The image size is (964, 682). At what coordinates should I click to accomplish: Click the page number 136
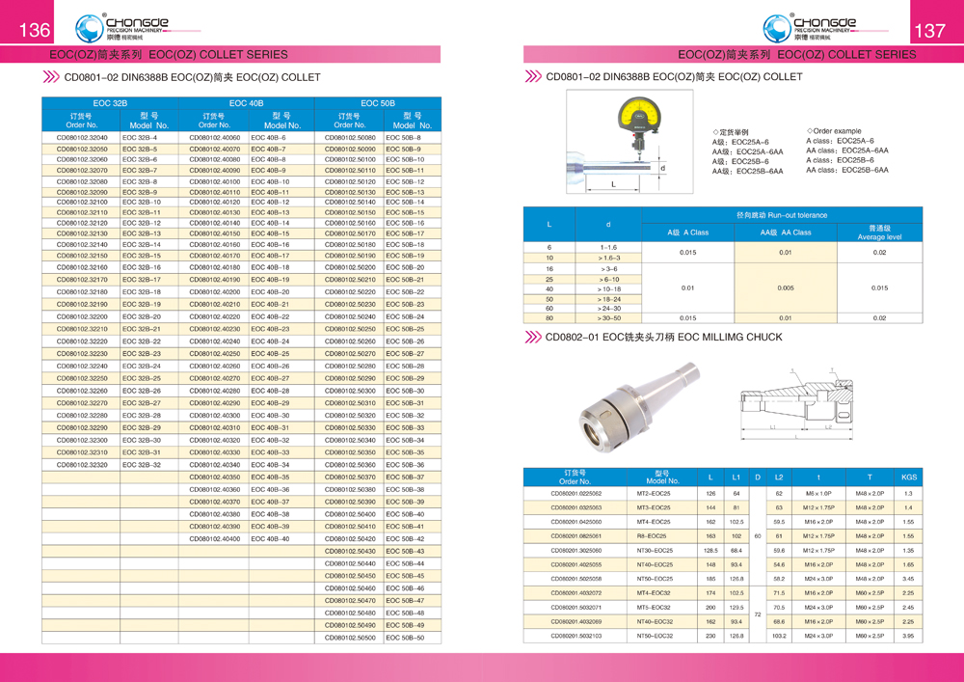[x=35, y=30]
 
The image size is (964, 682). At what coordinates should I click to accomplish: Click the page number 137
[x=929, y=30]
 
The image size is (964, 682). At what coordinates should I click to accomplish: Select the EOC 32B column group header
[x=109, y=102]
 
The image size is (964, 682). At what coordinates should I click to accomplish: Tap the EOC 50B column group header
[x=378, y=102]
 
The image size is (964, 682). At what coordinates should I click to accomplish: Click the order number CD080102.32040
[x=82, y=138]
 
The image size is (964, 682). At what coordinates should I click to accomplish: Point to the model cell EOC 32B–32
[x=142, y=465]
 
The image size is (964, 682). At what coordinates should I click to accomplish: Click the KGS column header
[x=908, y=477]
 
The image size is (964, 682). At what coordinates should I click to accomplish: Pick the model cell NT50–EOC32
[x=655, y=637]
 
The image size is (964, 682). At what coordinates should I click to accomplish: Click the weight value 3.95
[x=908, y=637]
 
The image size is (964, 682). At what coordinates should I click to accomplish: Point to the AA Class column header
[x=785, y=232]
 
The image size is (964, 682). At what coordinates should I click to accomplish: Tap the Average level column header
[x=879, y=232]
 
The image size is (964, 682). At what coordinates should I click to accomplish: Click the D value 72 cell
[x=758, y=614]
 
